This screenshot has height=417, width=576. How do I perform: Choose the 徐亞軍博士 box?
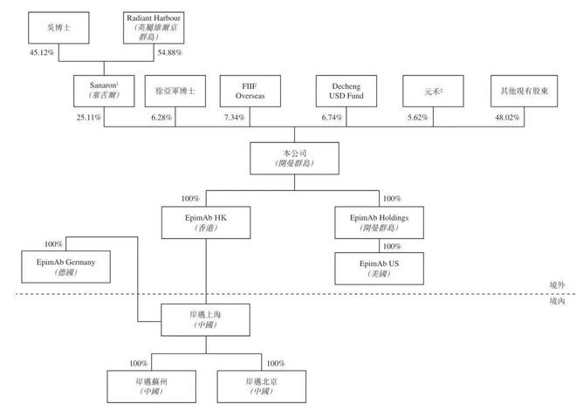click(175, 91)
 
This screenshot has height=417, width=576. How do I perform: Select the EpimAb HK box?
click(205, 222)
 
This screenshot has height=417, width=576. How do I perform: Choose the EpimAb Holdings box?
click(379, 222)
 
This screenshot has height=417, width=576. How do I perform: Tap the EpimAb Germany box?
click(65, 266)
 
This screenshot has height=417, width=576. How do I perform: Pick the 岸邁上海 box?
click(206, 318)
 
